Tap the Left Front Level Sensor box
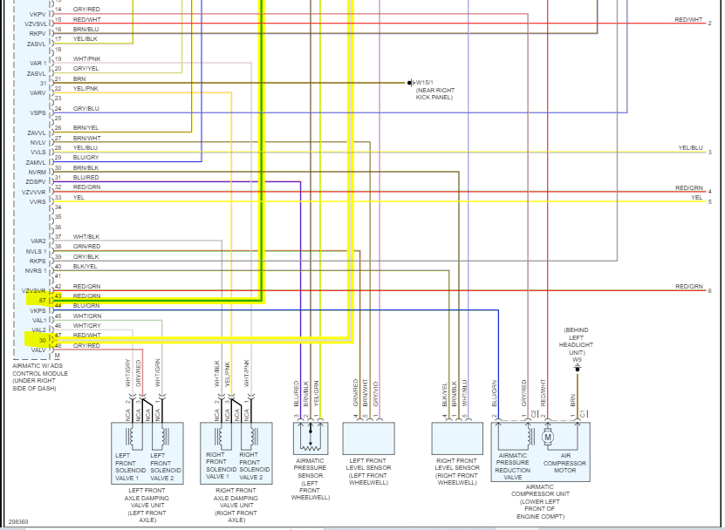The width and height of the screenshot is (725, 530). click(x=368, y=438)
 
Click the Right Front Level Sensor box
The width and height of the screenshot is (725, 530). click(x=457, y=438)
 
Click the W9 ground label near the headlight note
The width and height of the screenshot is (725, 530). click(x=577, y=359)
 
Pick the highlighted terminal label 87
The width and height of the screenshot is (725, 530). click(x=42, y=300)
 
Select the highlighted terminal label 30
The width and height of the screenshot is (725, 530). click(x=42, y=340)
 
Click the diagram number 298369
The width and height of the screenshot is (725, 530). click(x=18, y=521)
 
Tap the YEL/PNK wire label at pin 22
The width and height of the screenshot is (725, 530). click(x=85, y=88)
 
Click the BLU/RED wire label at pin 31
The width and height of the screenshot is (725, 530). click(x=85, y=177)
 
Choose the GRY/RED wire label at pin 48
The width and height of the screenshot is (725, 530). click(x=86, y=345)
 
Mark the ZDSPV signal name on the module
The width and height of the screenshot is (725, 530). click(x=36, y=182)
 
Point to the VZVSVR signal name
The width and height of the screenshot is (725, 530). click(x=34, y=289)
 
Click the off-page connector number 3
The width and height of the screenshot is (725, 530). click(x=709, y=153)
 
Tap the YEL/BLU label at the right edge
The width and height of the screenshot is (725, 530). click(x=690, y=148)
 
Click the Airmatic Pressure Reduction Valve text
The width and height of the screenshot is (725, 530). click(x=512, y=466)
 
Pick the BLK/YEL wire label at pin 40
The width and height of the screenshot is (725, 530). click(x=85, y=266)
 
